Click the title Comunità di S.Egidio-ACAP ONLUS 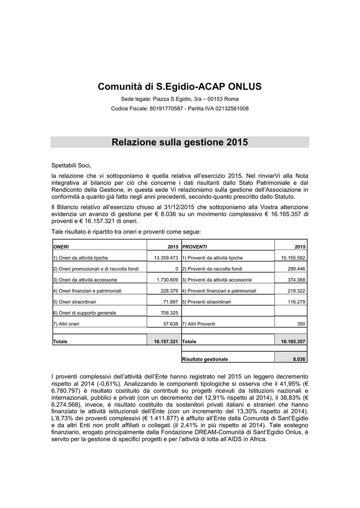(x=180, y=87)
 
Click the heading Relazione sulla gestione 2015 (x=180, y=143)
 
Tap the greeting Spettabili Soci (x=72, y=165)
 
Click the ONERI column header (x=61, y=246)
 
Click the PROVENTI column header (x=195, y=246)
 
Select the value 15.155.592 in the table (x=293, y=258)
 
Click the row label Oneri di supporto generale (x=84, y=313)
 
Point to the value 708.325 (x=170, y=313)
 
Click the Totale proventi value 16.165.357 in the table (x=293, y=342)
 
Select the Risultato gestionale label (x=205, y=359)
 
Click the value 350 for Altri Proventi (x=301, y=324)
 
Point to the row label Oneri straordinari (x=74, y=302)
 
